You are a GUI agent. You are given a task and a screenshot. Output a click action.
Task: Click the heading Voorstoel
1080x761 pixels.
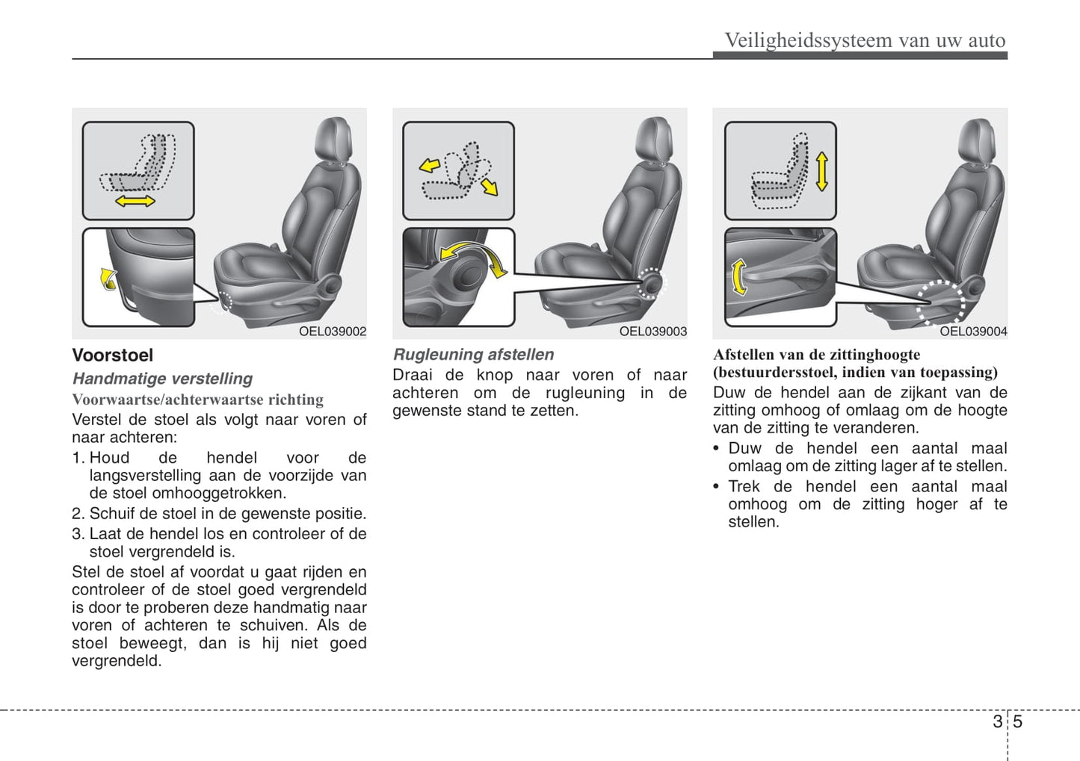(112, 355)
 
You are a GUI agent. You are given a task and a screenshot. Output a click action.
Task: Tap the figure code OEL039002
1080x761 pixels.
(333, 332)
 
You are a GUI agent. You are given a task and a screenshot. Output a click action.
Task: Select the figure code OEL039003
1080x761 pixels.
(652, 332)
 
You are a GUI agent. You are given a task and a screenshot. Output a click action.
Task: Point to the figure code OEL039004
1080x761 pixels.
(973, 332)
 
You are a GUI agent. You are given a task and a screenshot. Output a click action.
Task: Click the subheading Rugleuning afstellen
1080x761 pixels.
(474, 355)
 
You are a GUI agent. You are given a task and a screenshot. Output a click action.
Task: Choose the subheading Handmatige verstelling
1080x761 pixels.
(162, 379)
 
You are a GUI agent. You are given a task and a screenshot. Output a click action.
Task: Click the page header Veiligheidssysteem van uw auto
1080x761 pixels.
(865, 40)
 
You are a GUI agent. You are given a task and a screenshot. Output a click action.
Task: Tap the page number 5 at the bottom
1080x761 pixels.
(1017, 721)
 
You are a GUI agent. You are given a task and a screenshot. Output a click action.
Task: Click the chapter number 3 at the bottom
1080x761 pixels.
(997, 721)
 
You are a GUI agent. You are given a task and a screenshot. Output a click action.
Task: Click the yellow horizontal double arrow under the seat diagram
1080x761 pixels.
(135, 202)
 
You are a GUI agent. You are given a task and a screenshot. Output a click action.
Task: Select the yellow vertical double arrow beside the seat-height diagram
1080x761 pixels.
(822, 171)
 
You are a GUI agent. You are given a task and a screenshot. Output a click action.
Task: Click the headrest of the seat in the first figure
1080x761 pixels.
(333, 138)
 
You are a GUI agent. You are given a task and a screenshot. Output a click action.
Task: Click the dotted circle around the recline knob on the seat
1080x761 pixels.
(651, 283)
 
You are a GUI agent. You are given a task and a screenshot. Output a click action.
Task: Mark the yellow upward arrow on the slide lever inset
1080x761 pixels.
(108, 279)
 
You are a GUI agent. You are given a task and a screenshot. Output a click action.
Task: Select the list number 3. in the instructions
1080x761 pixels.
(78, 534)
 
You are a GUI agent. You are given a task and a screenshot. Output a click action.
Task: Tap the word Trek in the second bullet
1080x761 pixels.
(744, 487)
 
